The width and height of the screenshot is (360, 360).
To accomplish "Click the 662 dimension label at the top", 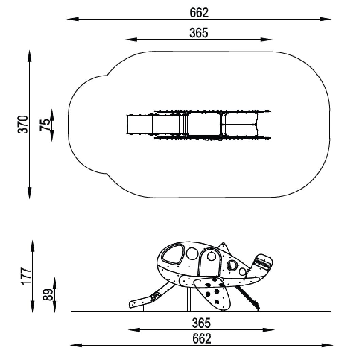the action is (199, 13).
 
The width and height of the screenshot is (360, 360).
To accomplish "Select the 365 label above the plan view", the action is (199, 33).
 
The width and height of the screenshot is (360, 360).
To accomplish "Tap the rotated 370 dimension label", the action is (23, 125).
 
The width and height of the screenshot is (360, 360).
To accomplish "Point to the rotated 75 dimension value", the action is (45, 125).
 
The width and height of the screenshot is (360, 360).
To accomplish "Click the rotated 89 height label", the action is (48, 295).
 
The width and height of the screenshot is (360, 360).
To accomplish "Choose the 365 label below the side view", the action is (201, 323).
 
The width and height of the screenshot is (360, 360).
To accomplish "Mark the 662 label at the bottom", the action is (202, 339).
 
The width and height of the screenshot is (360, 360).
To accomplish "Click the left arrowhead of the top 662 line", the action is (72, 19).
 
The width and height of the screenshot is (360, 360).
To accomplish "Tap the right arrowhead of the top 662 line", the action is (325, 19).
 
